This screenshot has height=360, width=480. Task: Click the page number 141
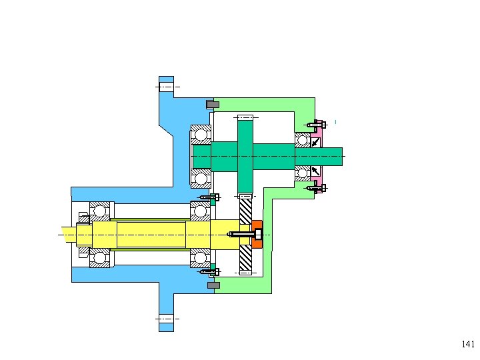[x=468, y=344]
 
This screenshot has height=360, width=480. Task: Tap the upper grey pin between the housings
[x=213, y=105]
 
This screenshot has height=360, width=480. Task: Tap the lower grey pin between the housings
[x=213, y=285]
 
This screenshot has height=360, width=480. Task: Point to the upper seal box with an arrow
[x=315, y=143]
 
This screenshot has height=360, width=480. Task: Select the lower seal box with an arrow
[x=315, y=171]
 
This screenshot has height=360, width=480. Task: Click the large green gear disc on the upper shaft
[x=245, y=156]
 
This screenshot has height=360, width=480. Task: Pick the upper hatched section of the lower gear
[x=245, y=211]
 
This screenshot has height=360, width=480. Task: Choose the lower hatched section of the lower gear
[x=245, y=258]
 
